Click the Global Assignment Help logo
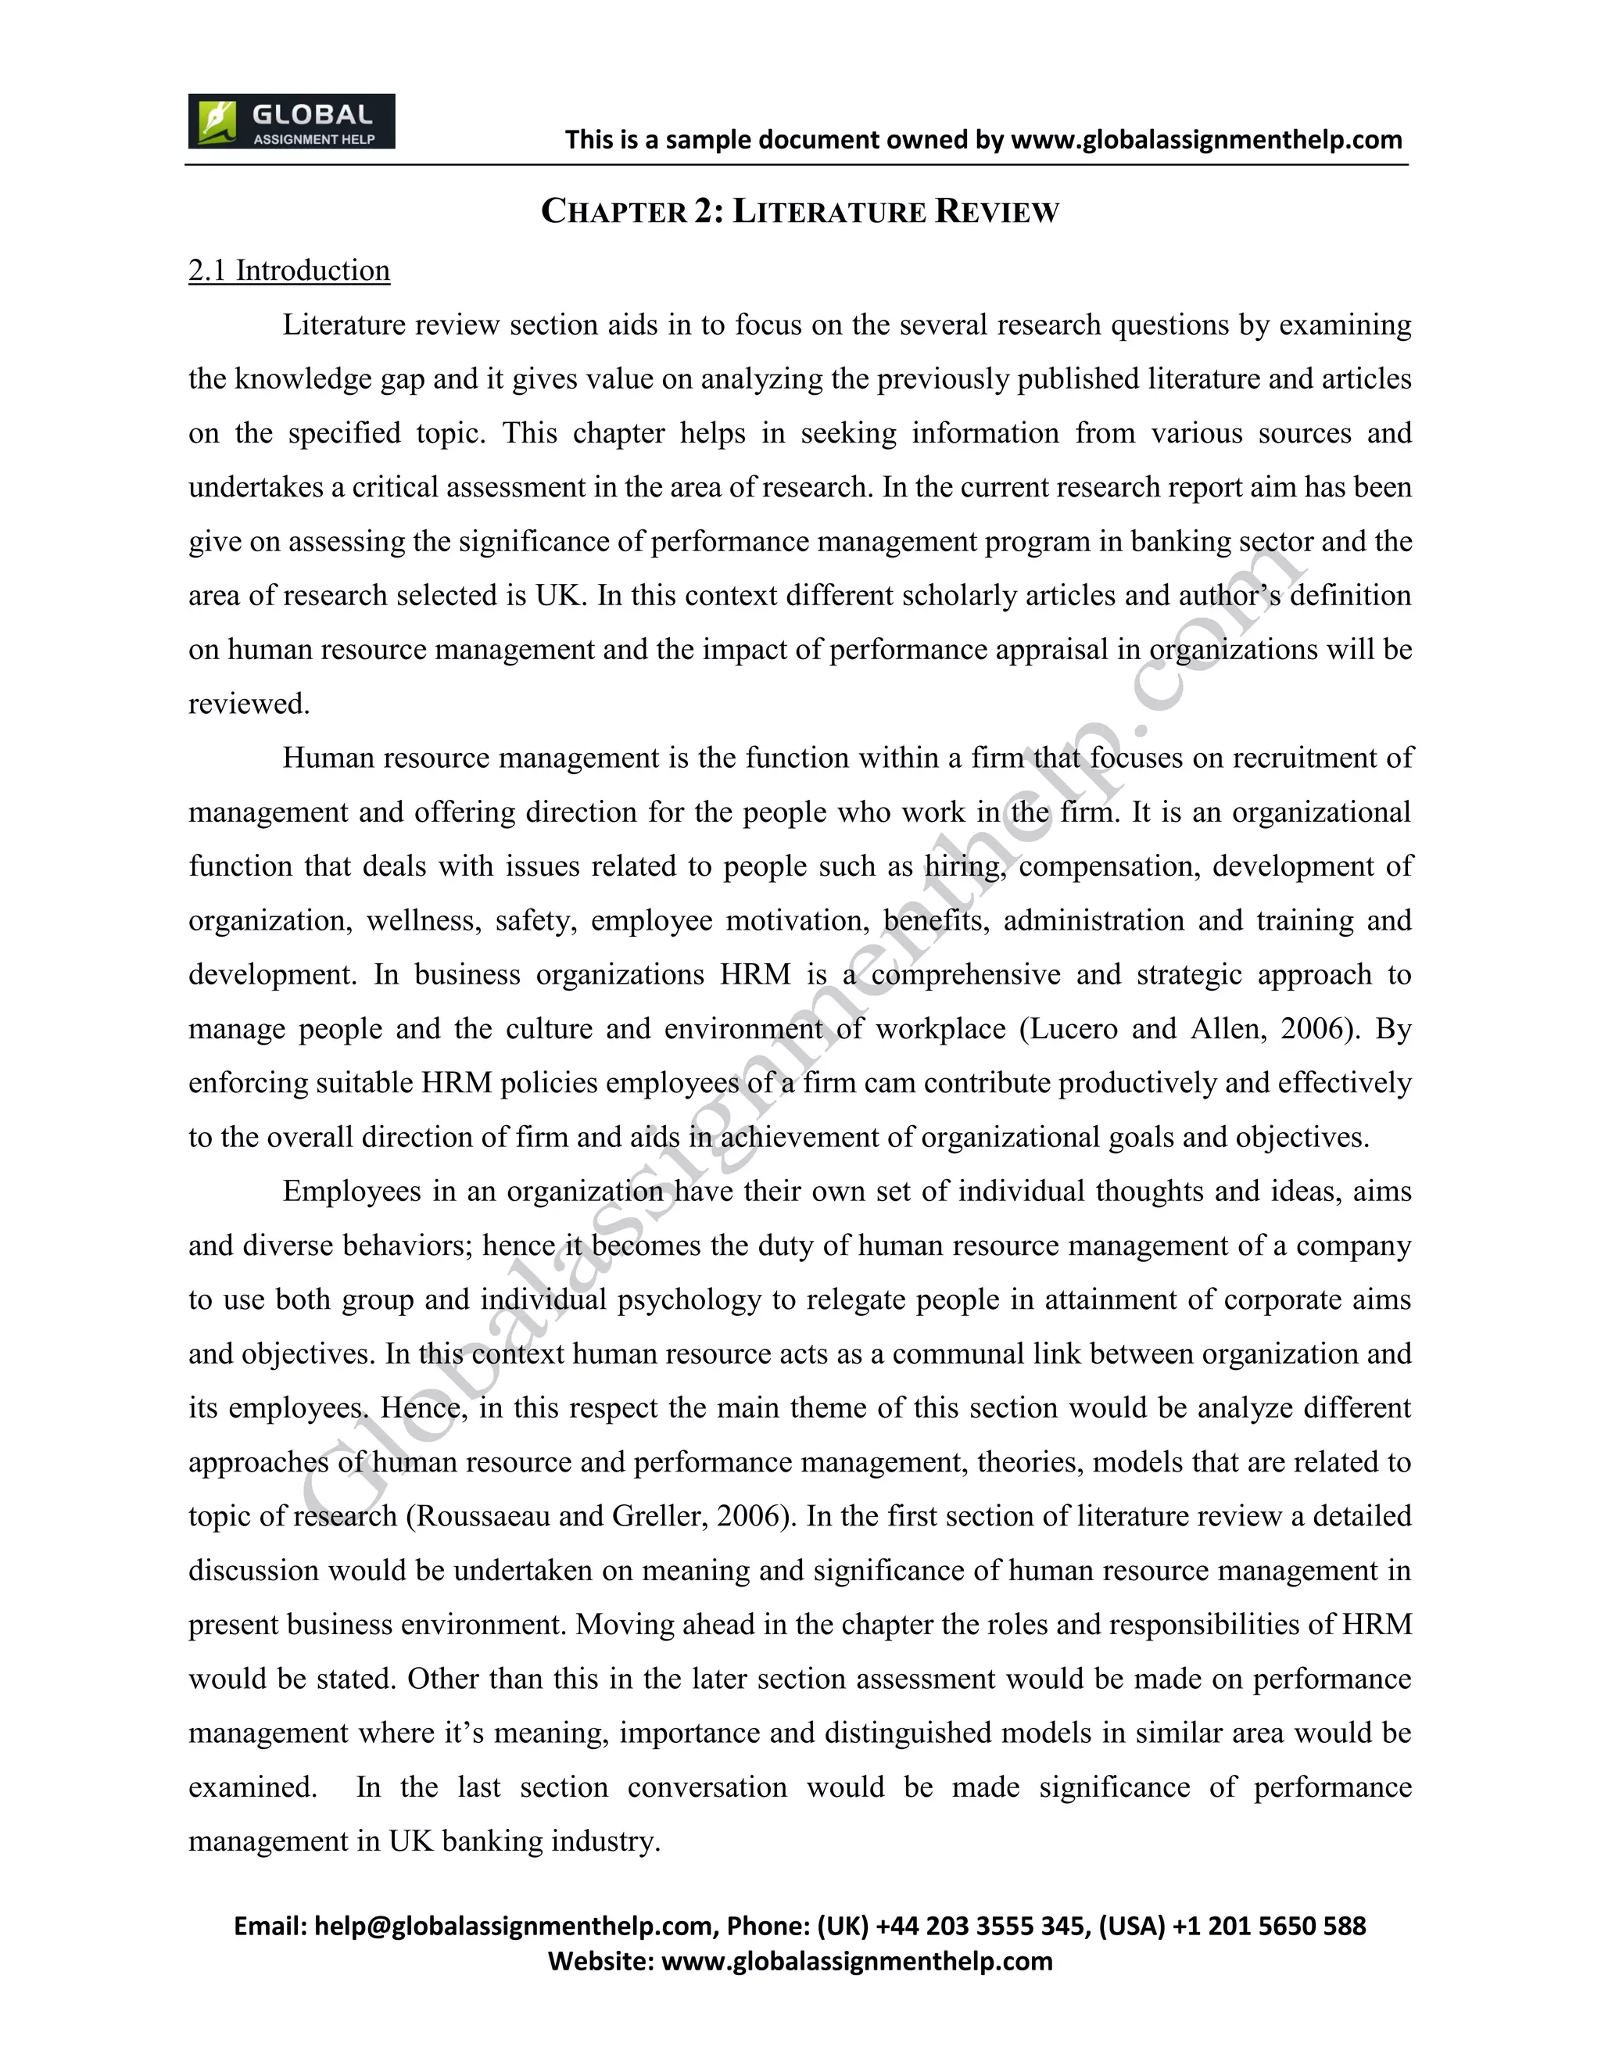pos(291,121)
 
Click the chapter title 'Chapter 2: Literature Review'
pos(800,210)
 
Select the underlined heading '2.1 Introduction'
pos(289,271)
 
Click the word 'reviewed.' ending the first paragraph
pos(249,704)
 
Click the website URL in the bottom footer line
pos(857,1961)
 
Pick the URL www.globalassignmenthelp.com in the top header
pos(1206,141)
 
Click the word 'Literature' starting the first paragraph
pos(343,325)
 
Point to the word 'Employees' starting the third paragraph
pos(352,1192)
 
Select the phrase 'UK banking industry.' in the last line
pos(525,1841)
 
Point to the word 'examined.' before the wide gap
pos(253,1787)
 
